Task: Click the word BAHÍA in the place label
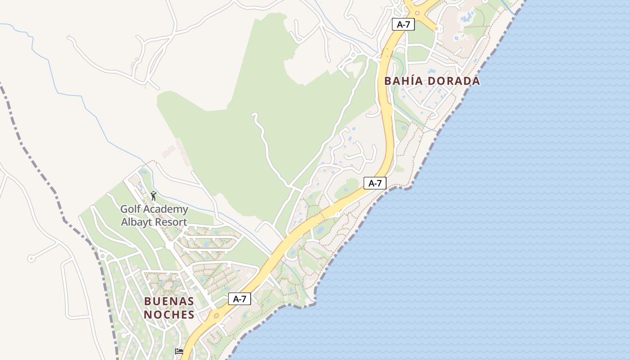pos(403,81)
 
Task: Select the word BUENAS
pos(169,301)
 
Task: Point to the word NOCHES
pos(169,315)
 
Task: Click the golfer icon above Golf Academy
pos(153,196)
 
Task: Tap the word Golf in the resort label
pos(130,209)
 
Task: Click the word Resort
pos(171,222)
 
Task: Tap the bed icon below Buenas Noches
pos(179,351)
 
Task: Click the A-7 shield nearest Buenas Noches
pos(239,299)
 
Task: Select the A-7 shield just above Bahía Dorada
pos(403,24)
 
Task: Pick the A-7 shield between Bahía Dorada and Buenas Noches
pos(375,183)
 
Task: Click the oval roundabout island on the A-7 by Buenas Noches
pos(217,316)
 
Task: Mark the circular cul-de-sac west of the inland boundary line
pos(31,258)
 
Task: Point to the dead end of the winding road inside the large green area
pos(254,115)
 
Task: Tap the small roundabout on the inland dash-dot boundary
pos(103,256)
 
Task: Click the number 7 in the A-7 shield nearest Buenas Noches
pos(243,299)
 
